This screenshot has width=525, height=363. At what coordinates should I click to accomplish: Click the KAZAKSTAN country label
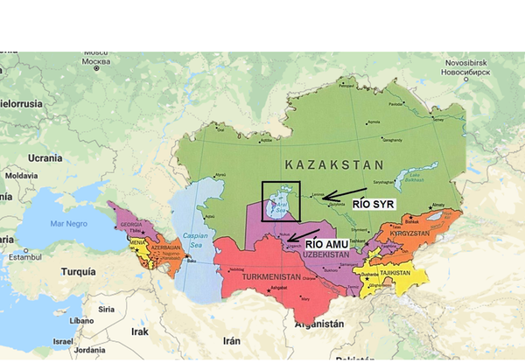pyautogui.click(x=334, y=164)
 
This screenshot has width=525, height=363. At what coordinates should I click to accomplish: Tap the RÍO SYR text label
pyautogui.click(x=374, y=203)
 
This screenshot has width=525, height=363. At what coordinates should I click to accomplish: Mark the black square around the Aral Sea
pyautogui.click(x=281, y=201)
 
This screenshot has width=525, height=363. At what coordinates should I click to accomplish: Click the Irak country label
pyautogui.click(x=140, y=332)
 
